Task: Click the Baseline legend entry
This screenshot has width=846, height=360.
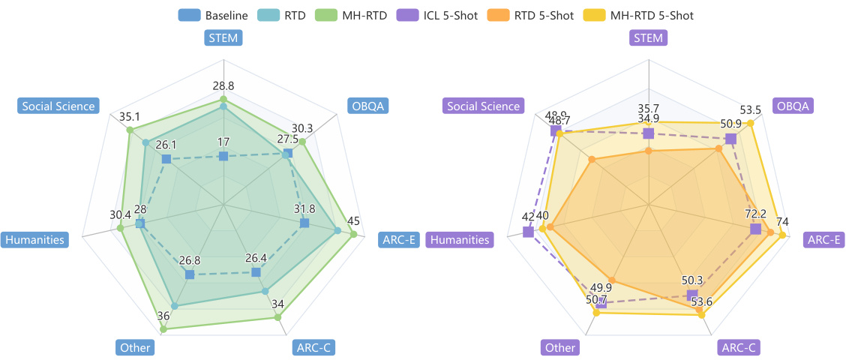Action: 213,14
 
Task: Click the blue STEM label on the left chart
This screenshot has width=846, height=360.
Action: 223,38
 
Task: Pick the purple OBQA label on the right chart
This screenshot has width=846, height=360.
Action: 792,106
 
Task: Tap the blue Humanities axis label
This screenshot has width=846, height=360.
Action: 35,240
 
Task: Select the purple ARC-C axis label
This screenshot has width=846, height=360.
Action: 739,347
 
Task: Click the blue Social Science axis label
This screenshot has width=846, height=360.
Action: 58,106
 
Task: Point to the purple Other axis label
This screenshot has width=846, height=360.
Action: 560,347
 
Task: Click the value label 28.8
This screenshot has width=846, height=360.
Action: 223,86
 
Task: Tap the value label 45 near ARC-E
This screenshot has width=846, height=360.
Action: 353,220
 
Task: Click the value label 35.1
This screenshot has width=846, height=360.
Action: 130,117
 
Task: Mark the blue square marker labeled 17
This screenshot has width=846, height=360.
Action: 223,156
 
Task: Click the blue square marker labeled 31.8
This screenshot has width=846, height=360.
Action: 304,223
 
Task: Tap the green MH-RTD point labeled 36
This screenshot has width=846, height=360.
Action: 163,328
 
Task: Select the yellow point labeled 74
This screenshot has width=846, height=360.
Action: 782,235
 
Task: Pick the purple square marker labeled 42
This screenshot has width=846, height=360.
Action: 528,232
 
